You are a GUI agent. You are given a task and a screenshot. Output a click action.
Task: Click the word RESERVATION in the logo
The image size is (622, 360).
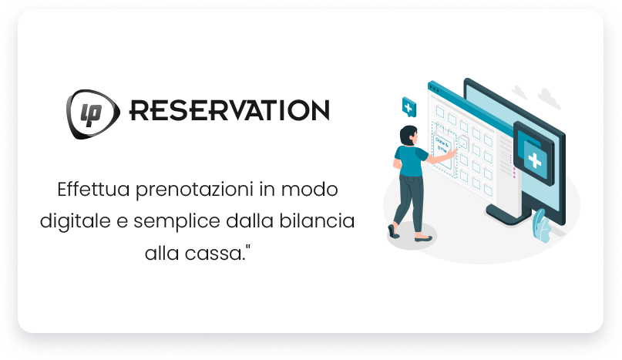pyautogui.click(x=229, y=110)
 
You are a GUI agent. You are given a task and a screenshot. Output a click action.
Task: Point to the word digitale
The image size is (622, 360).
pyautogui.click(x=71, y=221)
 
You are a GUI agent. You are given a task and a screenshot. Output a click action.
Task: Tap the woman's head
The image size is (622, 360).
pyautogui.click(x=408, y=135)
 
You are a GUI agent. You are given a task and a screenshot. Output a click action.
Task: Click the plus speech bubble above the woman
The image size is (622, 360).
pyautogui.click(x=408, y=106)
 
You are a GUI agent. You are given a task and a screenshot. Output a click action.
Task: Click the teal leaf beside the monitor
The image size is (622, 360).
pyautogui.click(x=542, y=226)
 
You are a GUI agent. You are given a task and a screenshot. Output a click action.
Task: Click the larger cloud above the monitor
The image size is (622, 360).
pyautogui.click(x=549, y=98)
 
